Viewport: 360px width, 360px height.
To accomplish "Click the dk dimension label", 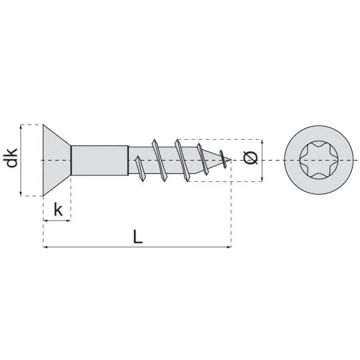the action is coord(12,158).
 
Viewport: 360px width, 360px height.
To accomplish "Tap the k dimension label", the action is coord(58,209).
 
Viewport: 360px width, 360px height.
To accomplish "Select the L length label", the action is coord(138,237).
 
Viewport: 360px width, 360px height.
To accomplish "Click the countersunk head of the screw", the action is coord(56,160).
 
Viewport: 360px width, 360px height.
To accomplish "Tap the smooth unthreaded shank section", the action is coord(100,160).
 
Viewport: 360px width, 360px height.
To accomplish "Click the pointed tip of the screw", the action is coord(231,159).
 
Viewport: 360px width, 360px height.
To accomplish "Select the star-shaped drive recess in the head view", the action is coord(319,160).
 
